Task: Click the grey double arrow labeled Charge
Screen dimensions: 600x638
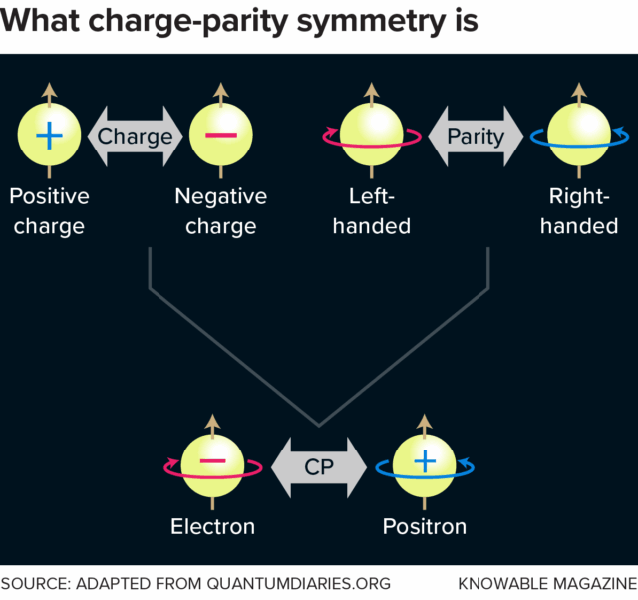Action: (x=136, y=136)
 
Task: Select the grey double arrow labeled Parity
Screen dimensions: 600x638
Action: (x=475, y=136)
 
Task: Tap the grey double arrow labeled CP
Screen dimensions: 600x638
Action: (x=319, y=466)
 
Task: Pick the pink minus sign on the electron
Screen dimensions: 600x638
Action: (x=213, y=462)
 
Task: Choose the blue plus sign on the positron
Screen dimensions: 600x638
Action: (x=425, y=462)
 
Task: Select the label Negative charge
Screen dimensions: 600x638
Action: (x=221, y=210)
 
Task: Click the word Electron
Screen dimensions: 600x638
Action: (x=213, y=525)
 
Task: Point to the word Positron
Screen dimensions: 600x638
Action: (x=425, y=525)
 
